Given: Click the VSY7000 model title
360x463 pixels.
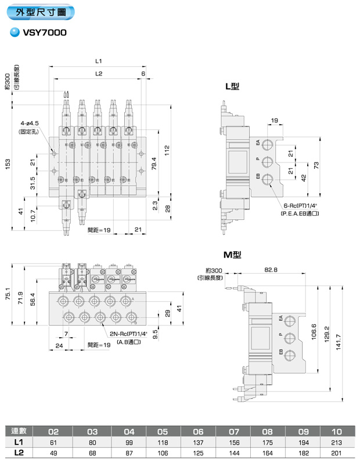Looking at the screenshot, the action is (x=45, y=32).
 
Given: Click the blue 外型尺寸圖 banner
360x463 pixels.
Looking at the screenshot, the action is (x=41, y=12).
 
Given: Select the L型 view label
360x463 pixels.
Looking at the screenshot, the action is (x=232, y=86).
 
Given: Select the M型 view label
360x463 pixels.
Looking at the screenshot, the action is (x=232, y=255).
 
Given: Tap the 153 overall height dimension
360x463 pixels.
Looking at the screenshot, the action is (x=8, y=164).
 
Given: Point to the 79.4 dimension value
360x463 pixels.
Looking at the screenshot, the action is (x=154, y=163).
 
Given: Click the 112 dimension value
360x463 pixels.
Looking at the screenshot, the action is (x=167, y=151).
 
